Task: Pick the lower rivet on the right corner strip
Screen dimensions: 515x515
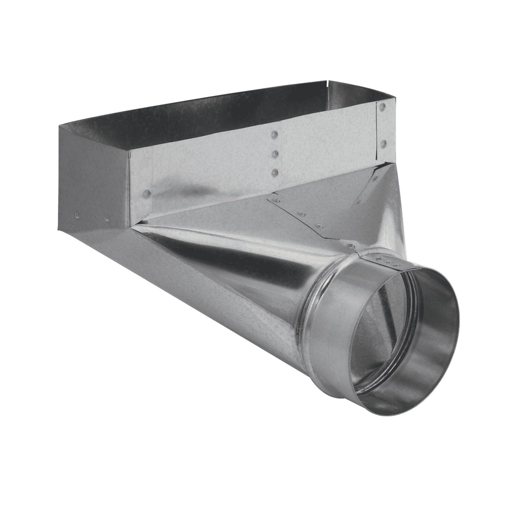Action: click(383, 144)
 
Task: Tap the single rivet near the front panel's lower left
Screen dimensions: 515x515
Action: click(146, 193)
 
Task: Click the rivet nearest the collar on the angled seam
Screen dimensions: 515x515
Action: click(349, 245)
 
